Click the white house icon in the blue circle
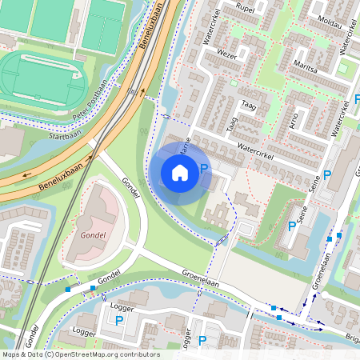click(180, 172)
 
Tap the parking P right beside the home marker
click(203, 169)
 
